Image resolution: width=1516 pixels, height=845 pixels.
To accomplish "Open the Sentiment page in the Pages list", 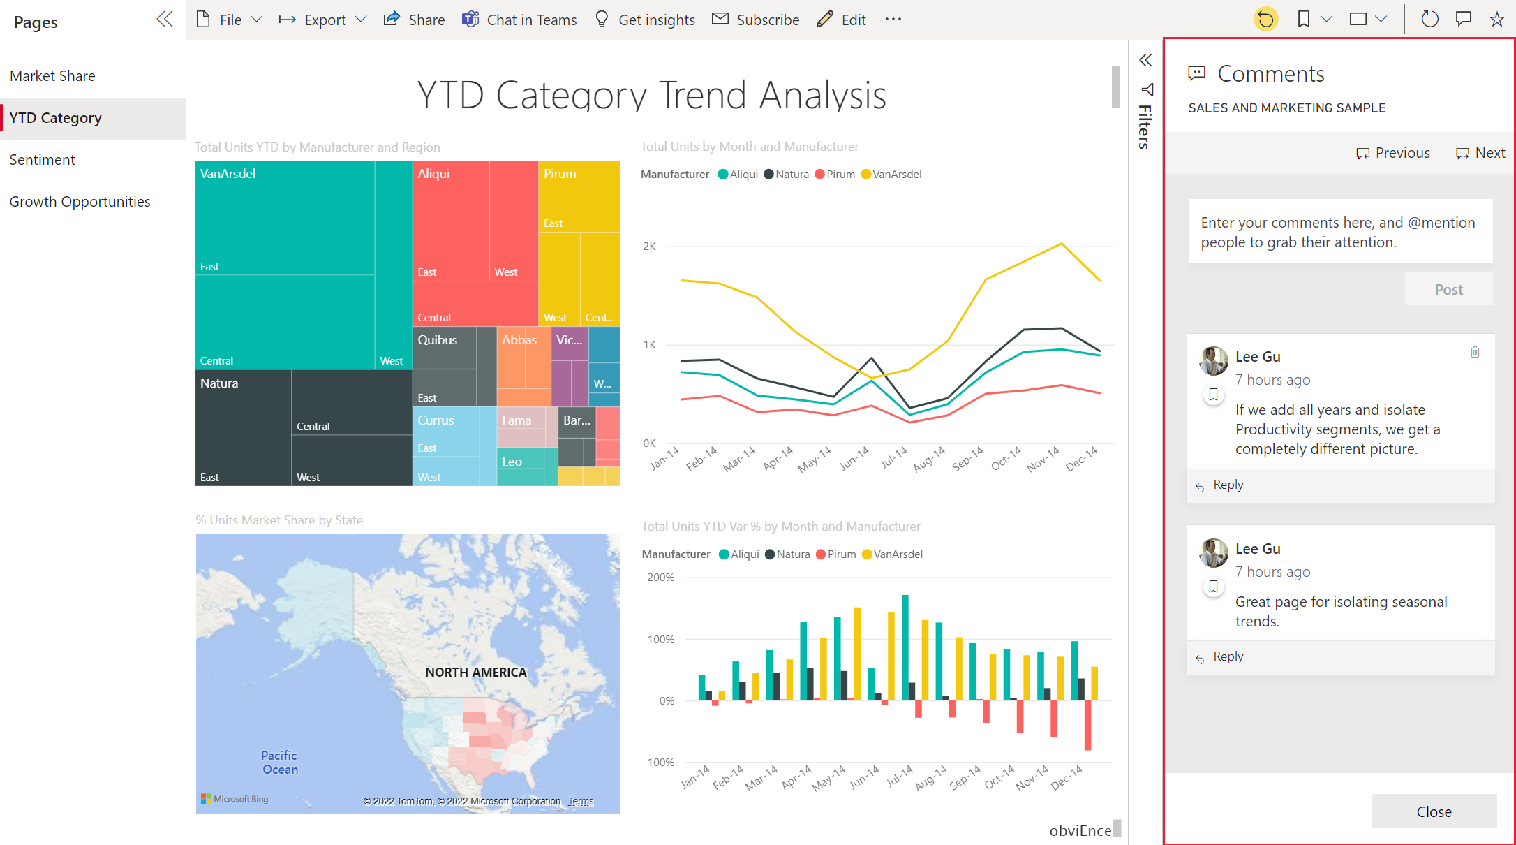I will pyautogui.click(x=43, y=160).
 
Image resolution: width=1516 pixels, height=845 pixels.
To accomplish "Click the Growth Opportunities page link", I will pyautogui.click(x=80, y=202).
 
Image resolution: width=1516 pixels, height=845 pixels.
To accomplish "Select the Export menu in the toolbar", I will pyautogui.click(x=323, y=20).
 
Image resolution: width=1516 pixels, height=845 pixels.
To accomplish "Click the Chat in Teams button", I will pyautogui.click(x=519, y=20).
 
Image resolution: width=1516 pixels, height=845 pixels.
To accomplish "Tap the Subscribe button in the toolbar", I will pyautogui.click(x=756, y=20).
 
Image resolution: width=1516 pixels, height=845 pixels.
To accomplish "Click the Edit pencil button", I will pyautogui.click(x=842, y=20).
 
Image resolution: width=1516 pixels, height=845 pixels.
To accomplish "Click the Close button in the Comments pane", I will pyautogui.click(x=1433, y=811).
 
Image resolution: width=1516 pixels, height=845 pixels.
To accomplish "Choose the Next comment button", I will pyautogui.click(x=1480, y=153).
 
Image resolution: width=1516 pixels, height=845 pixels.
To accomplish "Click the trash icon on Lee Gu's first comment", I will pyautogui.click(x=1475, y=352).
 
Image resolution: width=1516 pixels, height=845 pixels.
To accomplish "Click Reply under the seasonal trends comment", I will pyautogui.click(x=1228, y=656).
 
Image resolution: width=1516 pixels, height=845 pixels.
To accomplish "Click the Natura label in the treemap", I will pyautogui.click(x=219, y=383).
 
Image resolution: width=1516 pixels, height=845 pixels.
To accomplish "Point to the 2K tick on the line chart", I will pyautogui.click(x=649, y=247).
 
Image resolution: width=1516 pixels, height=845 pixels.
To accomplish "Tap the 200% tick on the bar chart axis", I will pyautogui.click(x=660, y=578).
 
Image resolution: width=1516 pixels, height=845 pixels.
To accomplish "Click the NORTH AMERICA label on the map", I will pyautogui.click(x=476, y=672).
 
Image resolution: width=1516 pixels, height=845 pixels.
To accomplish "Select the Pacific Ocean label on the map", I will pyautogui.click(x=279, y=763).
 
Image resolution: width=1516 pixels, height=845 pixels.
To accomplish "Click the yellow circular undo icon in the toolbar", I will pyautogui.click(x=1265, y=20).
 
